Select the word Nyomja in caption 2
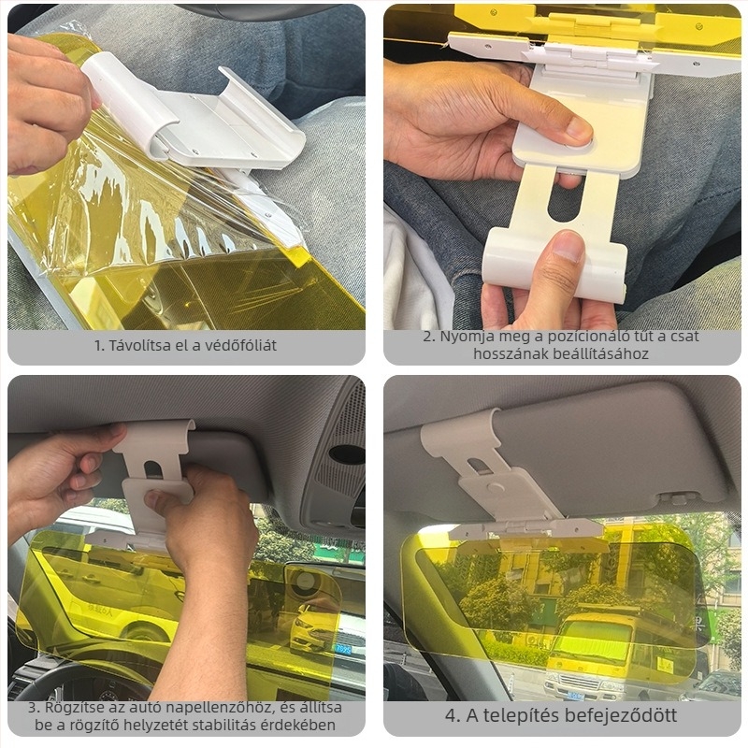[466, 337]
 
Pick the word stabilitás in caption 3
[217, 726]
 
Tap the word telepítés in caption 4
[516, 715]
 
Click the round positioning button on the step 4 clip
[496, 488]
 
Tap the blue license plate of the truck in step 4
[575, 695]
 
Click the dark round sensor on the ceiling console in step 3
[347, 454]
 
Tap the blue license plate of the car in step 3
[342, 649]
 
